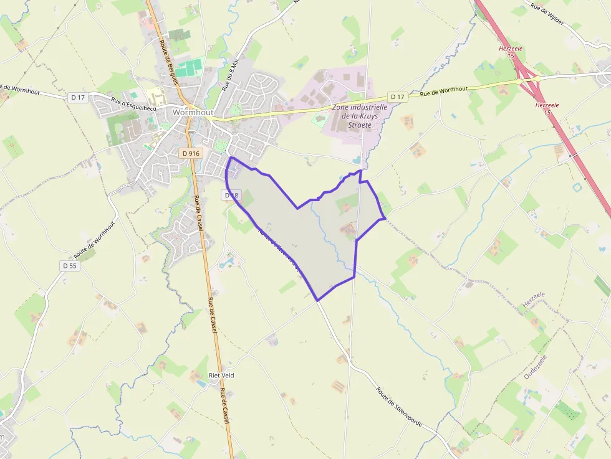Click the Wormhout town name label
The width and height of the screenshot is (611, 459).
click(193, 113)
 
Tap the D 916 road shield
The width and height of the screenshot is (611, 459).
click(191, 153)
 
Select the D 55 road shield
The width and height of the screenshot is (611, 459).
click(70, 265)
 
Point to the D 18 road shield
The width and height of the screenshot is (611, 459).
click(231, 196)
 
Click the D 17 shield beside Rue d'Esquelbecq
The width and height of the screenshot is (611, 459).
click(78, 97)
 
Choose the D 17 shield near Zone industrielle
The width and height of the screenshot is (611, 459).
click(397, 97)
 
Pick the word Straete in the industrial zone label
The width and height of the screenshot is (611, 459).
click(360, 125)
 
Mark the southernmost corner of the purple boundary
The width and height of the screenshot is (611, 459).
click(318, 300)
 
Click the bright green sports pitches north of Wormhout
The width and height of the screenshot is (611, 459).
click(189, 67)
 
